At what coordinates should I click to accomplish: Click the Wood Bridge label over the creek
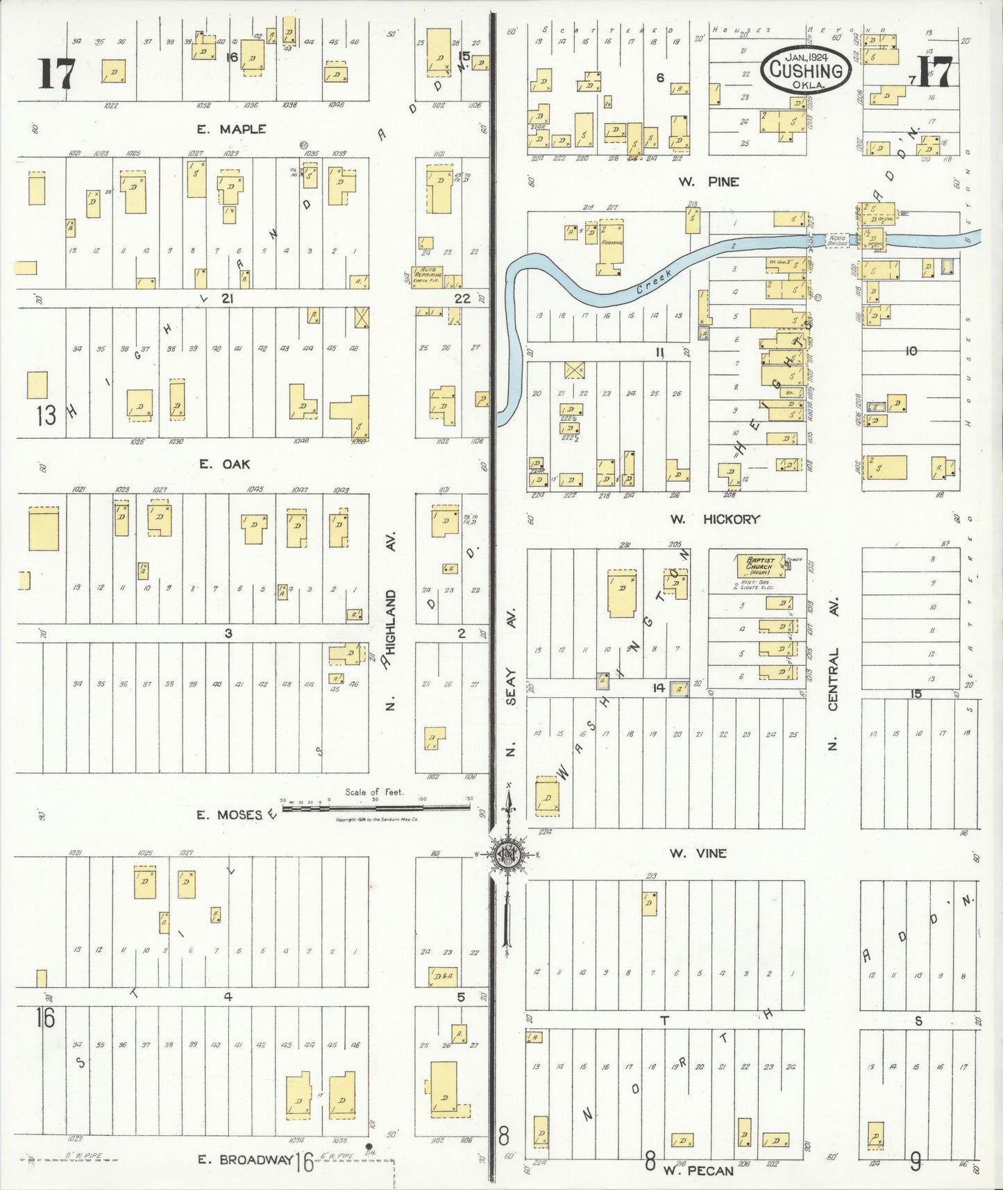coord(838,240)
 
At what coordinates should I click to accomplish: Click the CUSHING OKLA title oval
coord(806,69)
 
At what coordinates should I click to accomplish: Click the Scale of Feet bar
coord(375,807)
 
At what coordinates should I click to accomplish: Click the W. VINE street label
coord(698,853)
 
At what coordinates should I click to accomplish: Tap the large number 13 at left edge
coord(46,415)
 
